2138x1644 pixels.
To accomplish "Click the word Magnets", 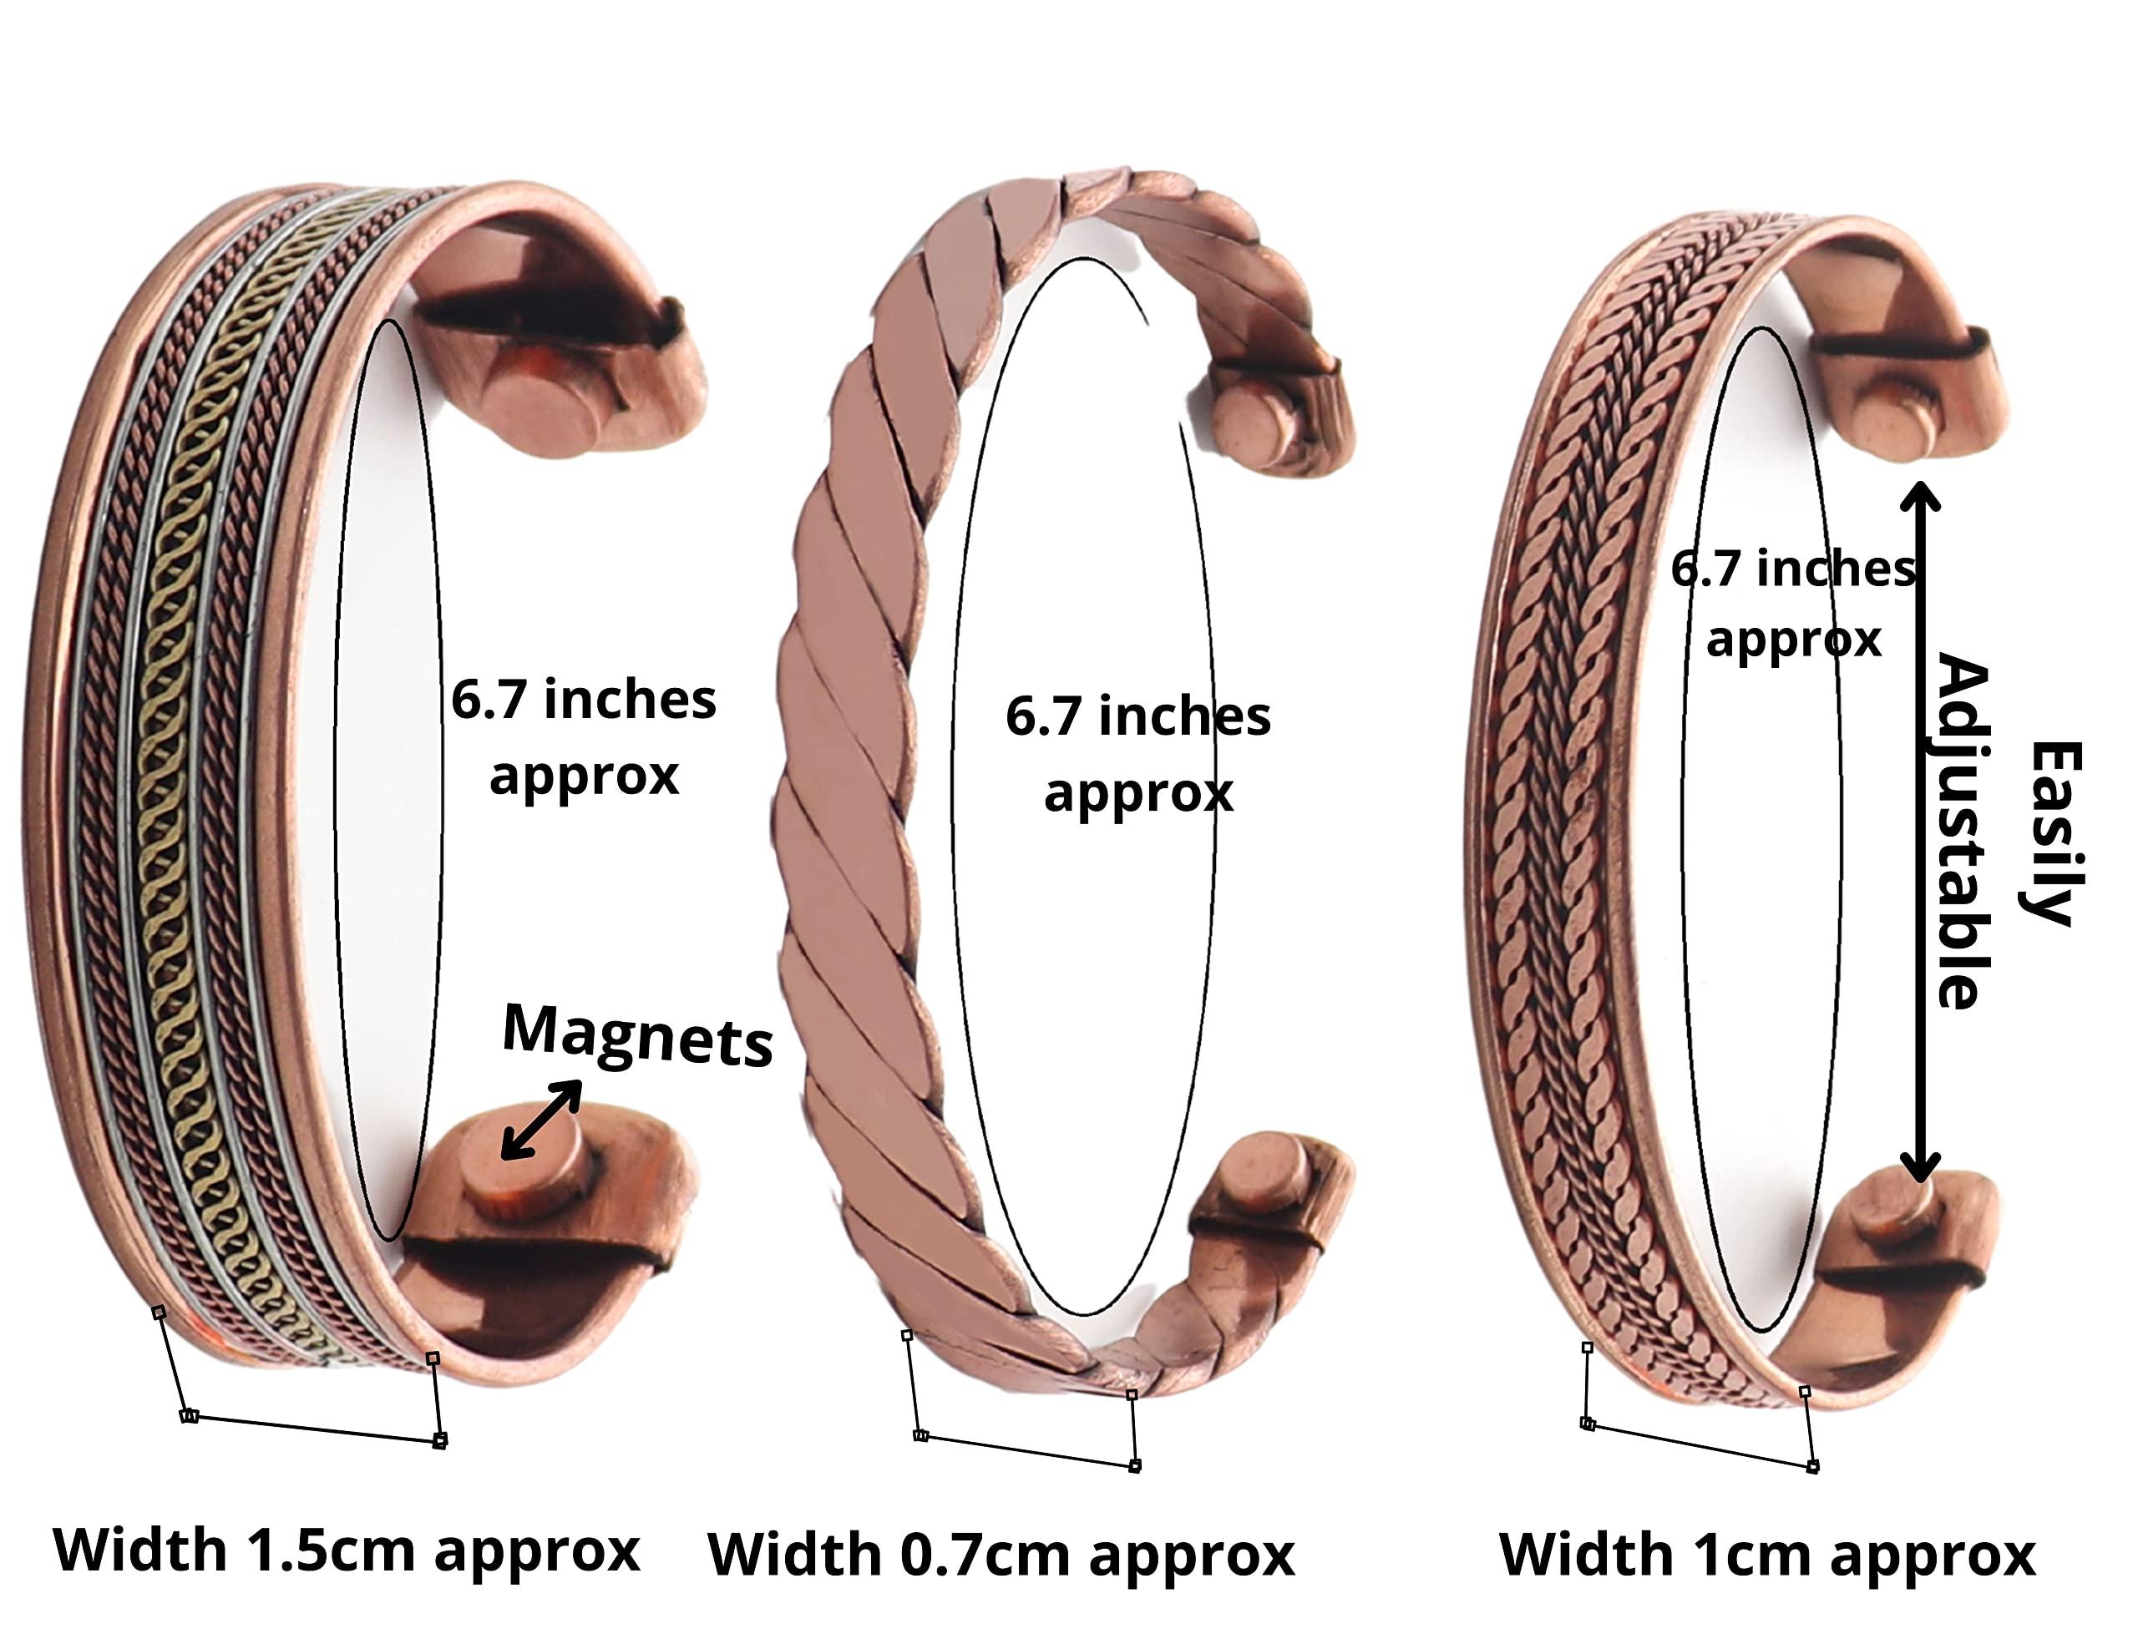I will coord(637,1035).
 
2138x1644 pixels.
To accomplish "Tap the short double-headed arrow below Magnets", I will coord(541,1120).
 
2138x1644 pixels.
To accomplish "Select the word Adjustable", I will coord(1963,832).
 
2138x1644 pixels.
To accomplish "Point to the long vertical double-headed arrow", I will coord(1921,832).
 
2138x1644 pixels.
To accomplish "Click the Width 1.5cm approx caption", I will coord(347,1551).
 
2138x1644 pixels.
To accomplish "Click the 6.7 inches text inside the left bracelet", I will coord(584,701).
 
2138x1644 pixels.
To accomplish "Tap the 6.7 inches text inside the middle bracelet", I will coord(1137,717).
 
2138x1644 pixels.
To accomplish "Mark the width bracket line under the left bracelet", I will coord(313,1428).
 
